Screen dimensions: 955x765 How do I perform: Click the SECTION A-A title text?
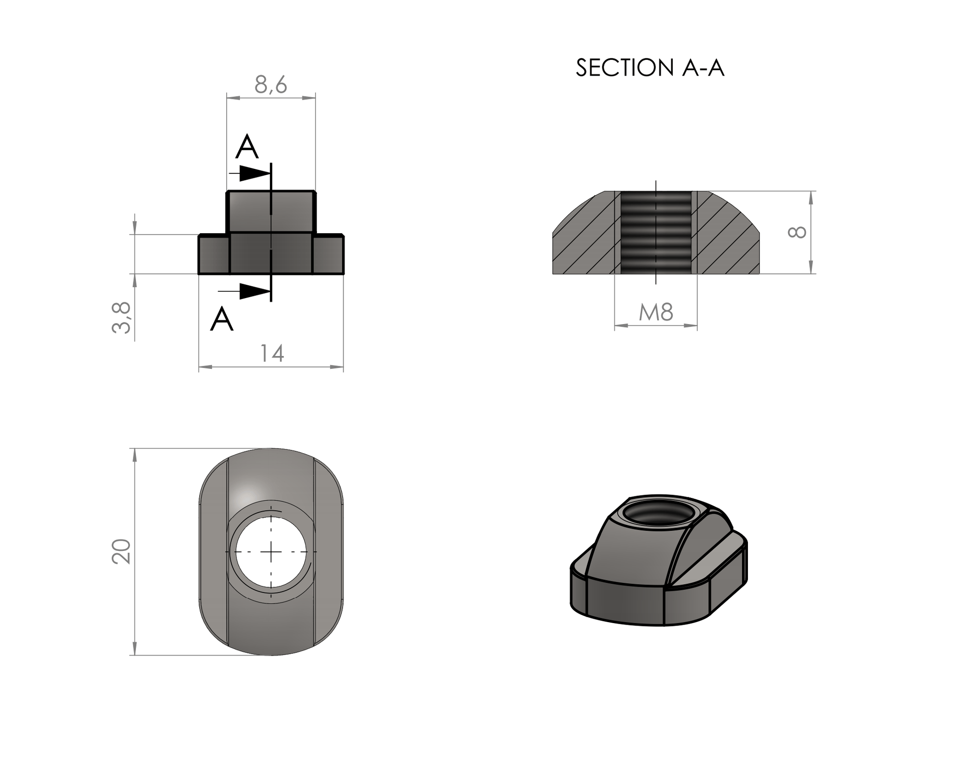pyautogui.click(x=650, y=68)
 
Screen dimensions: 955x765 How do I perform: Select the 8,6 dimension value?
pyautogui.click(x=271, y=84)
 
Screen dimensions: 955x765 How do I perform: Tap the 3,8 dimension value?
pyautogui.click(x=122, y=318)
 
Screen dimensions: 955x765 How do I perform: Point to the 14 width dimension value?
pyautogui.click(x=271, y=353)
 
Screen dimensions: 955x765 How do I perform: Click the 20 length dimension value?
pyautogui.click(x=121, y=551)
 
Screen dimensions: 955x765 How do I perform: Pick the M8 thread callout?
pyautogui.click(x=656, y=312)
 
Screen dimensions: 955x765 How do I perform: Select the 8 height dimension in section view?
pyautogui.click(x=797, y=232)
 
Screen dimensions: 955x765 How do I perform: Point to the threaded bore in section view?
pyautogui.click(x=656, y=232)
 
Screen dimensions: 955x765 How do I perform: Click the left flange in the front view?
pyautogui.click(x=214, y=254)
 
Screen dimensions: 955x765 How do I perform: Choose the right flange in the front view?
pyautogui.click(x=328, y=254)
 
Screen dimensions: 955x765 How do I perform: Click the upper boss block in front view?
pyautogui.click(x=271, y=212)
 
